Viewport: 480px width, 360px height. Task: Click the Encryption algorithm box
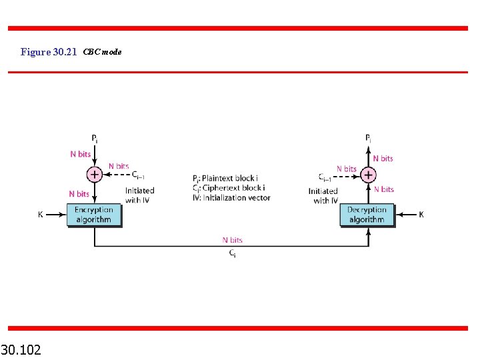click(x=94, y=215)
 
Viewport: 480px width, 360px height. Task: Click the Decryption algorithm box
click(x=367, y=215)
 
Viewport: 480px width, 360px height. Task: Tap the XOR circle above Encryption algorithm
click(x=95, y=175)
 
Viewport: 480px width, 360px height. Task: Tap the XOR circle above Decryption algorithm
click(x=368, y=175)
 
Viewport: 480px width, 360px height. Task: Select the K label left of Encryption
click(x=41, y=215)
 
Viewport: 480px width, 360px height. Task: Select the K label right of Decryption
click(x=421, y=215)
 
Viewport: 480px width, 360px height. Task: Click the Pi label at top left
click(x=95, y=139)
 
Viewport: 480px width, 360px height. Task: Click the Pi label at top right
click(x=368, y=139)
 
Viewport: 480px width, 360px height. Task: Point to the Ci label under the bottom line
click(x=232, y=253)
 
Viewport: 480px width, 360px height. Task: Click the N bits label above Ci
click(x=232, y=240)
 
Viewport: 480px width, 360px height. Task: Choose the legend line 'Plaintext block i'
click(x=229, y=179)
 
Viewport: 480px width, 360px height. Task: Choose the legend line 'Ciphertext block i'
click(x=229, y=188)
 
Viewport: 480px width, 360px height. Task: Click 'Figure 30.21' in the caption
click(x=49, y=51)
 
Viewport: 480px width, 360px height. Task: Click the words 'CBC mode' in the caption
click(x=103, y=51)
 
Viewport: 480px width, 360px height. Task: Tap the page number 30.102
click(x=21, y=349)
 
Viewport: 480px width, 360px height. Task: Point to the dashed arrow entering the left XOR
click(x=117, y=175)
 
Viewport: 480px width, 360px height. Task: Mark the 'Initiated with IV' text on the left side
click(x=139, y=195)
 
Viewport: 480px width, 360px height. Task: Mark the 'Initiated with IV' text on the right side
click(x=323, y=196)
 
